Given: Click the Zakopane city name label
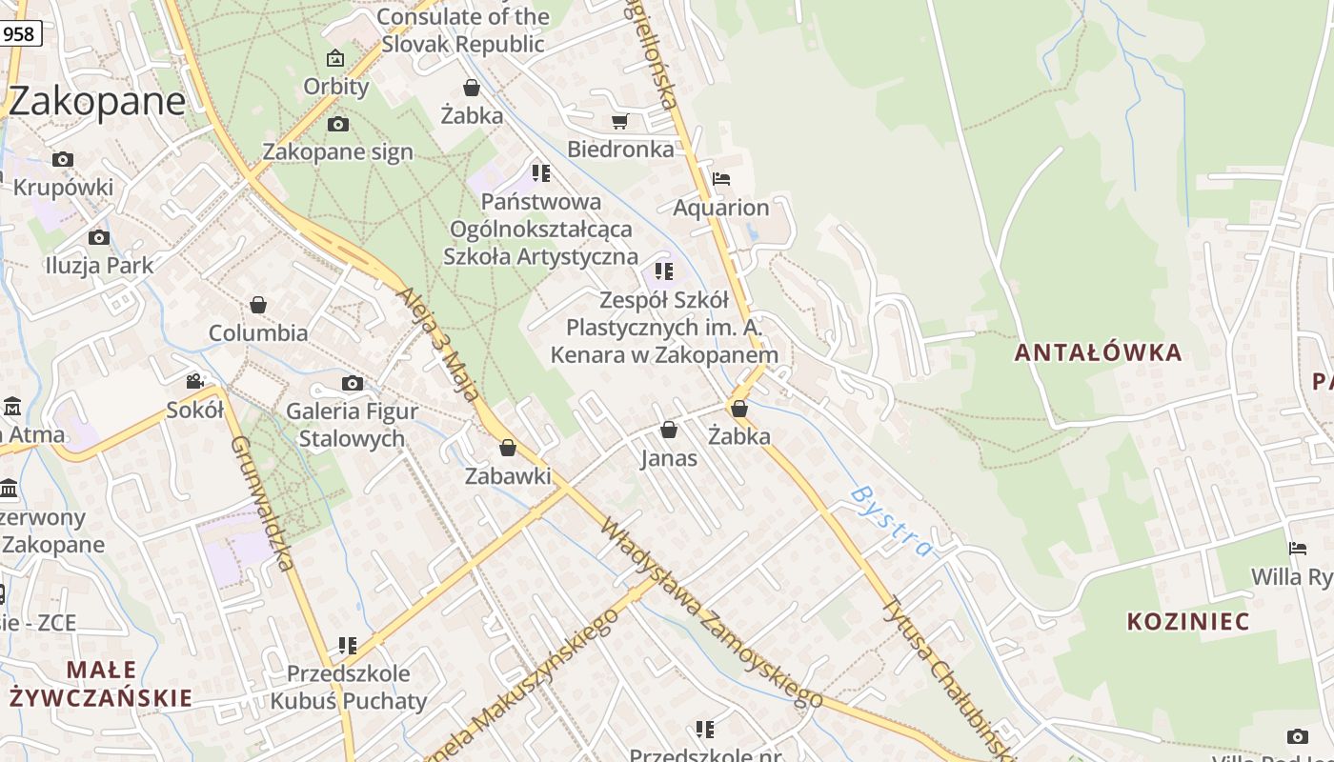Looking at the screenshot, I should (97, 101).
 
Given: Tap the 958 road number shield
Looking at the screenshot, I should (18, 34).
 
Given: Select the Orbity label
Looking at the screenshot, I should (335, 87).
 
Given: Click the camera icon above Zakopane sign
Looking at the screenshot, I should (337, 124).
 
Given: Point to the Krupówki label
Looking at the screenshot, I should (63, 187).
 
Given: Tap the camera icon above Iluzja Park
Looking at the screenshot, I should (98, 237).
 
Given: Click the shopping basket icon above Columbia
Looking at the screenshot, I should (257, 305).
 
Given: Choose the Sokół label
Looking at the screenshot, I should (194, 411).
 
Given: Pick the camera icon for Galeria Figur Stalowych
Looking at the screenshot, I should (353, 383).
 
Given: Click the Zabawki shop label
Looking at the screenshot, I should (508, 475).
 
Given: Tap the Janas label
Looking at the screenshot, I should (668, 458).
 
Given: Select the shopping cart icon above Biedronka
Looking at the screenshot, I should (620, 121).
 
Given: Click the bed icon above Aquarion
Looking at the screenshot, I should (721, 179).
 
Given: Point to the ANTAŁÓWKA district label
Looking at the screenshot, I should (1098, 352).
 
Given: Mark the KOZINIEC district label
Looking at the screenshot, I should (1188, 622).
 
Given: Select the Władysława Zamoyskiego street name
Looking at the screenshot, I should (712, 613).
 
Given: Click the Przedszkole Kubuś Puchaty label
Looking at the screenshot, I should (348, 688).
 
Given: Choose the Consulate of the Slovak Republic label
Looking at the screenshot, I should (463, 30).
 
